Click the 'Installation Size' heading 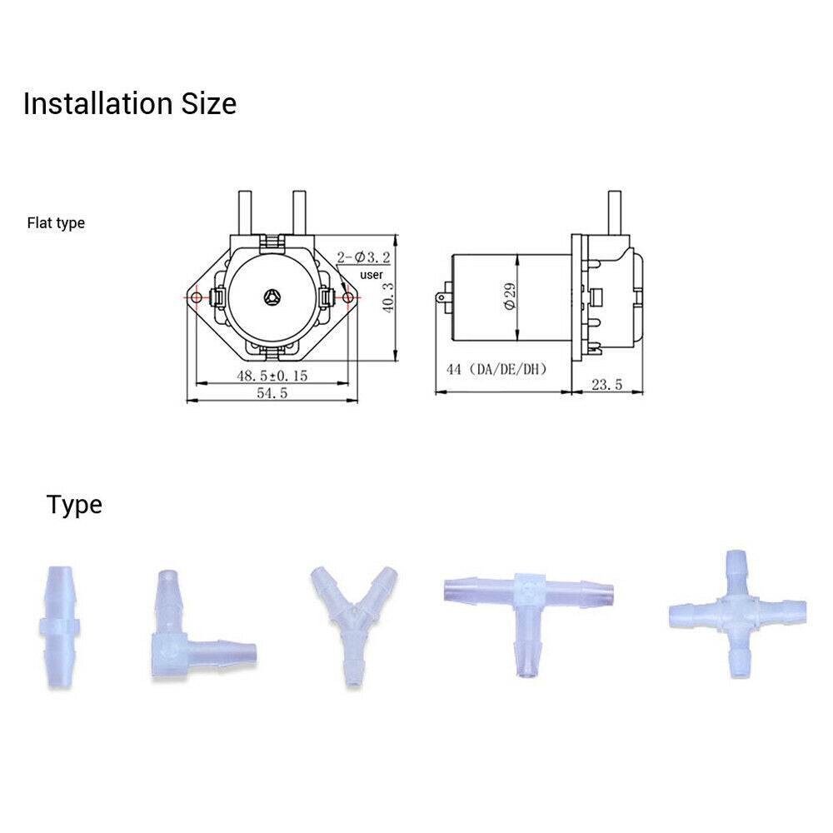[130, 103]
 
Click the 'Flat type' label [56, 223]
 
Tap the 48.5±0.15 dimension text [272, 376]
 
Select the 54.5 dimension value [272, 392]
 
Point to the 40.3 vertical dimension [389, 297]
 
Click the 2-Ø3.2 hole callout [363, 257]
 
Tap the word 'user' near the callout [372, 275]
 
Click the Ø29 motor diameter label [510, 297]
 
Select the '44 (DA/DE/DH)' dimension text [496, 369]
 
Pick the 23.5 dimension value [606, 384]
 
